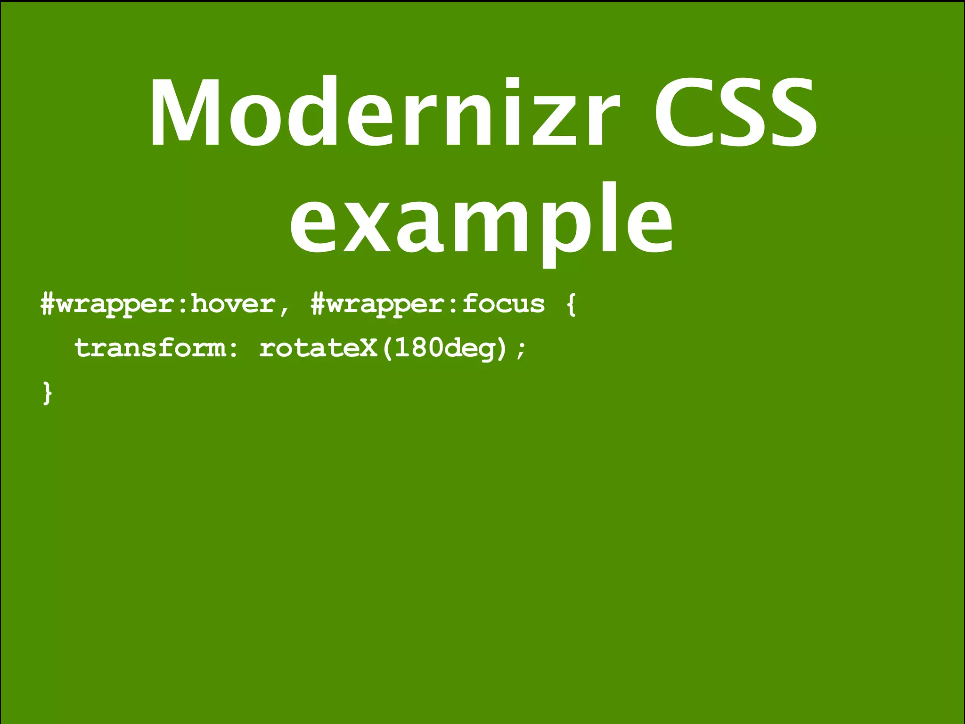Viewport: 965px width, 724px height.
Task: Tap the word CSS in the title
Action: pos(735,113)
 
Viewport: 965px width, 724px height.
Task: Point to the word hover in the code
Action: pos(233,304)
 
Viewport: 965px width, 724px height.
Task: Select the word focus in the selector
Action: pos(503,304)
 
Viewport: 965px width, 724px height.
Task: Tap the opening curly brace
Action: pos(571,304)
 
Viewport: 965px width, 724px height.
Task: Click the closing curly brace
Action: pos(47,393)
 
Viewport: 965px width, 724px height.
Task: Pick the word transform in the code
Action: pos(150,348)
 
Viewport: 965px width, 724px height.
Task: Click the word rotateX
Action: pos(319,348)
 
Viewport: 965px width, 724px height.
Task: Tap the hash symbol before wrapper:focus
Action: pos(318,304)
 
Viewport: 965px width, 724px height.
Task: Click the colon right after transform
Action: pos(233,350)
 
